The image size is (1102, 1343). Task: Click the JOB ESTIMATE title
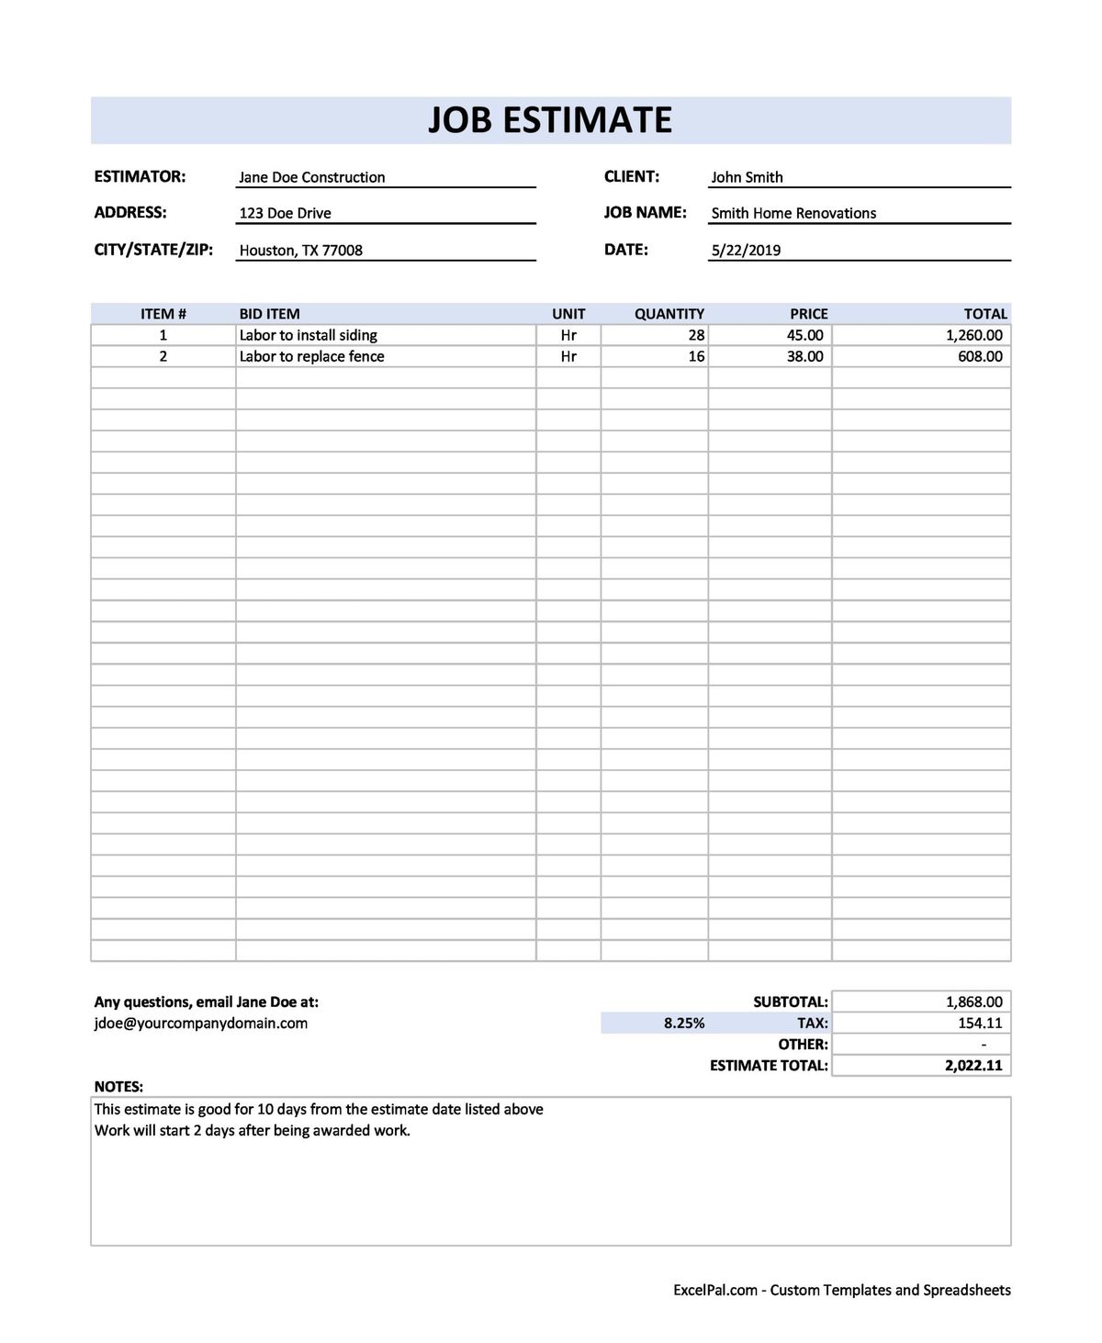pos(550,120)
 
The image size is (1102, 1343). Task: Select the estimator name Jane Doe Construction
pos(311,177)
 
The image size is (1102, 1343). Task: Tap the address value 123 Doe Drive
pos(285,213)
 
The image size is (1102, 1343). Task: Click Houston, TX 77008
pos(300,250)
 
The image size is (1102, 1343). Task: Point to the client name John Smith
pos(747,177)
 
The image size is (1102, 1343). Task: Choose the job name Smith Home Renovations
pos(793,213)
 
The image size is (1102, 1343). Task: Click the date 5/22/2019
pos(746,250)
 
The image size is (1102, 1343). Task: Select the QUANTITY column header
pos(669,314)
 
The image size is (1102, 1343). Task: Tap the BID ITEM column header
pos(269,314)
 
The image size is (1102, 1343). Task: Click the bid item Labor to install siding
pos(308,335)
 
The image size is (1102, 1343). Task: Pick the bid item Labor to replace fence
pos(311,356)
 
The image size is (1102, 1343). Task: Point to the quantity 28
pos(696,335)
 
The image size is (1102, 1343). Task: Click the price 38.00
pos(804,356)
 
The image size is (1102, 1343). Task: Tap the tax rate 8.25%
pos(684,1023)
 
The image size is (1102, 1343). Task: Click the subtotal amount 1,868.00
pos(973,1002)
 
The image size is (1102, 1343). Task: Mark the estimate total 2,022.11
pos(973,1066)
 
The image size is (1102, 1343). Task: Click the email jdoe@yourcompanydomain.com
pos(201,1023)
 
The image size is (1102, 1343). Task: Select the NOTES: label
pos(118,1087)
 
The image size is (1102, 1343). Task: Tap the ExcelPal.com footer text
pos(841,1290)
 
